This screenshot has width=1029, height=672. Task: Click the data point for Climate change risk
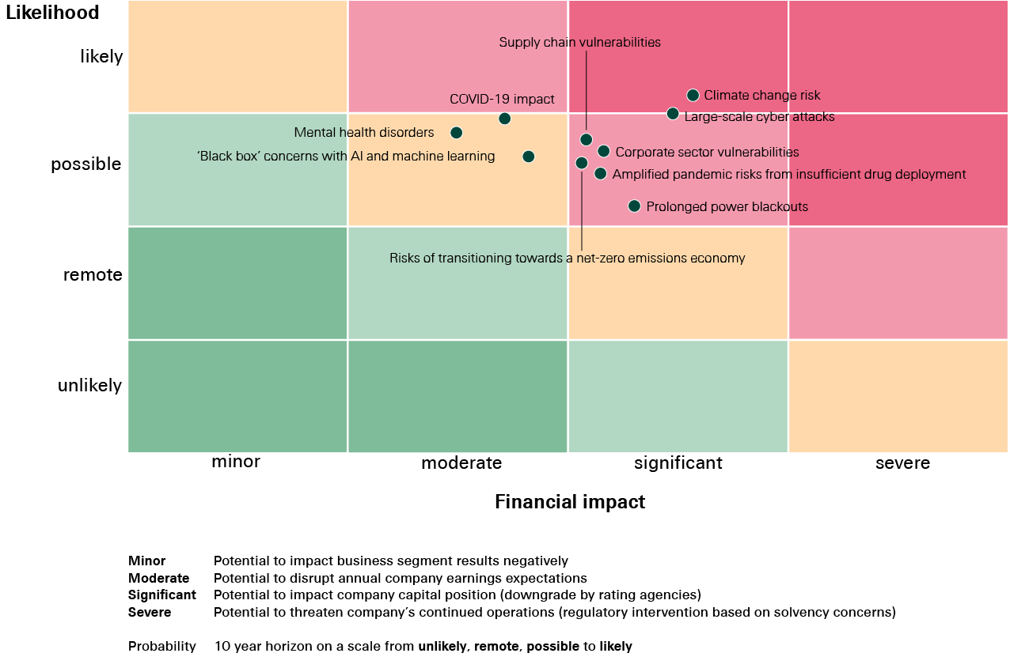[693, 95]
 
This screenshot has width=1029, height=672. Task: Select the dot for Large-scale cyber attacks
[673, 114]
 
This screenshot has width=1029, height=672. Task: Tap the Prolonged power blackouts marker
[634, 206]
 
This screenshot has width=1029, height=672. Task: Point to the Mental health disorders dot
[456, 133]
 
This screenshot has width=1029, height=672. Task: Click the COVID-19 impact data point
[504, 119]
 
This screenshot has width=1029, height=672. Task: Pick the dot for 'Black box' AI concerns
[528, 157]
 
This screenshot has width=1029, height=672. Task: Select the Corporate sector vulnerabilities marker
[603, 151]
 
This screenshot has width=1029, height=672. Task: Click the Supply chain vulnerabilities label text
[579, 43]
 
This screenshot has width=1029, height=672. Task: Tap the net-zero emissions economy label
[567, 258]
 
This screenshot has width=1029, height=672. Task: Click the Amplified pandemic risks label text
[788, 174]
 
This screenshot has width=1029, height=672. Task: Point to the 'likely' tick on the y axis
[101, 57]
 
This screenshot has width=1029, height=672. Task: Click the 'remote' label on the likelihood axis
[93, 275]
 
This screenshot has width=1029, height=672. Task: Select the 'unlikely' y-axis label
[89, 386]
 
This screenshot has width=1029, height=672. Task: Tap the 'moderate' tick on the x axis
[461, 463]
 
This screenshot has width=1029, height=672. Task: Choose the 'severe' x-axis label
[902, 463]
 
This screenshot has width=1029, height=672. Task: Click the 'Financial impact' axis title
[570, 502]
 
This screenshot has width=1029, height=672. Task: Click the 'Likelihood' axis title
[52, 13]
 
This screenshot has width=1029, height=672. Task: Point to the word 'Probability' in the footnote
[162, 647]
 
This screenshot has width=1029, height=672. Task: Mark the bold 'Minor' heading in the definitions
[146, 561]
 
